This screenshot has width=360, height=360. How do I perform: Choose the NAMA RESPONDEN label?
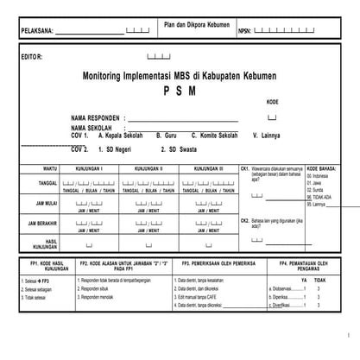click(x=96, y=117)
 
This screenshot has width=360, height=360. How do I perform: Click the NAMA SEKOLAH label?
click(x=93, y=128)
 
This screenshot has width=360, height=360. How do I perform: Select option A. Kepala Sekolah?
click(x=120, y=136)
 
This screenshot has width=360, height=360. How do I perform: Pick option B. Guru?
click(x=166, y=136)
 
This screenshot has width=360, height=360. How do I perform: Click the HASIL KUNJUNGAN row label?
click(x=51, y=243)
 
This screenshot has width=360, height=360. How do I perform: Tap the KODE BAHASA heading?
click(x=321, y=168)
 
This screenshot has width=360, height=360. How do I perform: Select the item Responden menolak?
click(x=101, y=297)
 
